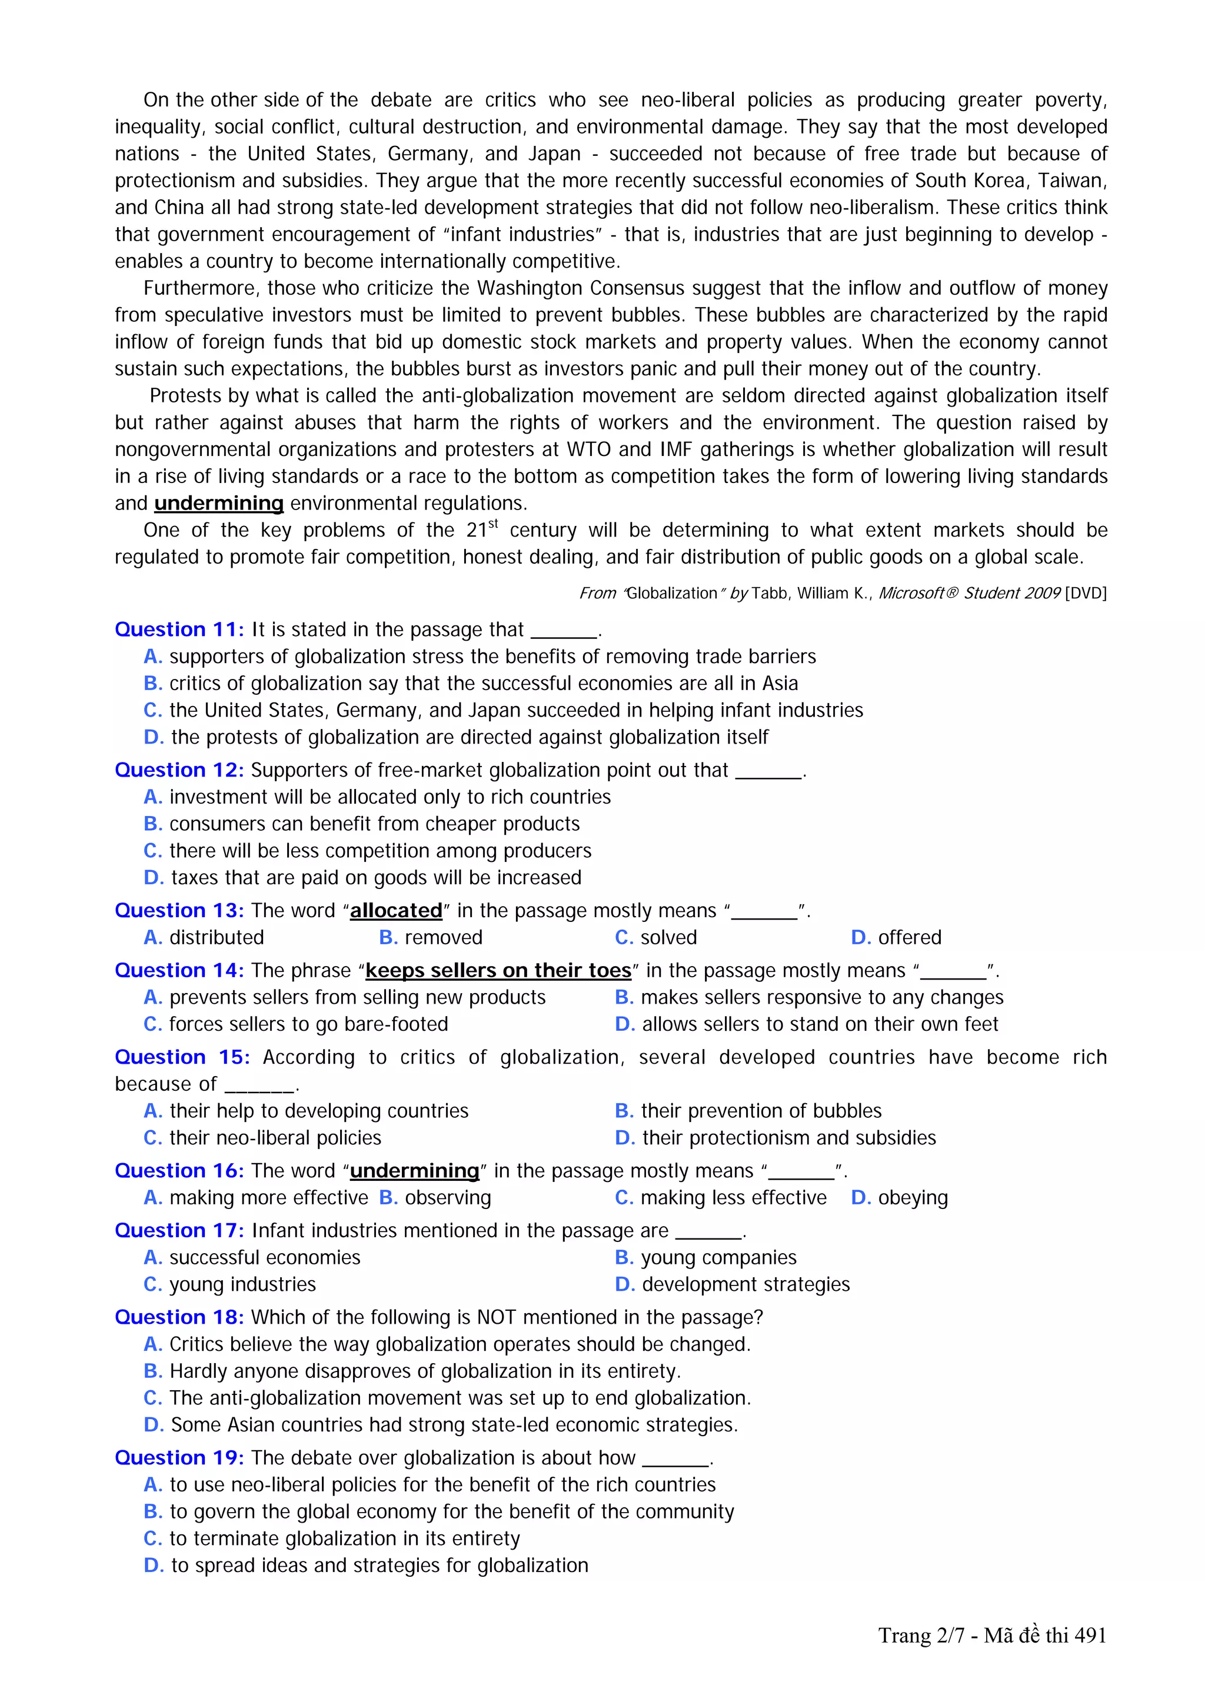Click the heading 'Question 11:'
click(179, 629)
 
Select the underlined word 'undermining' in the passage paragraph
click(219, 504)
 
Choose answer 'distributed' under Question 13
click(216, 937)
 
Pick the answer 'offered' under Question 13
click(909, 937)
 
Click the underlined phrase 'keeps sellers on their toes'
click(498, 971)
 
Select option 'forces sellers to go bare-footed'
click(308, 1024)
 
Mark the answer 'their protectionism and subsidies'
click(788, 1138)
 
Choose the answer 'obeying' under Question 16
click(913, 1198)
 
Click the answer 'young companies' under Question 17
click(718, 1257)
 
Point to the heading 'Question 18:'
click(179, 1317)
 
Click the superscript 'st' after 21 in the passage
click(493, 524)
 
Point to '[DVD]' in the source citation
click(1085, 593)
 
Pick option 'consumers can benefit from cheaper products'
click(374, 824)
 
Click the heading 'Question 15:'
click(182, 1057)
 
